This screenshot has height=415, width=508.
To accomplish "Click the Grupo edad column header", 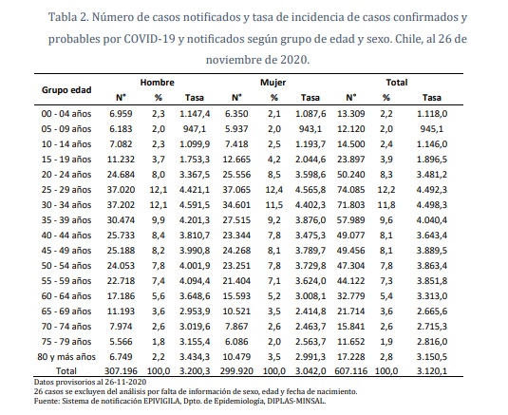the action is tap(66, 89).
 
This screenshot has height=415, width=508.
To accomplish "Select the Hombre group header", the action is tap(157, 83).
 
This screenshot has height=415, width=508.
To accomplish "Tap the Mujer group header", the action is tap(273, 83).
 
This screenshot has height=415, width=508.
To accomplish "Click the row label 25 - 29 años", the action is tap(66, 190).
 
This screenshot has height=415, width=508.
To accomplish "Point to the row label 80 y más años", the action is tap(66, 357).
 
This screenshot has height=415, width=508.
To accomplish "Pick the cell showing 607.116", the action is tap(351, 371).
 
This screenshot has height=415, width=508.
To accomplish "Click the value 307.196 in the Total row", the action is tap(121, 371).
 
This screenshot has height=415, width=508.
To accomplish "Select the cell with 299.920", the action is tap(236, 371).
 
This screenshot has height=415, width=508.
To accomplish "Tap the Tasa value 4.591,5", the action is tap(195, 205).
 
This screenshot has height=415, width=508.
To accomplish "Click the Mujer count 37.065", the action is tap(236, 190).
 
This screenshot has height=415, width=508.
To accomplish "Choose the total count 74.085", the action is tap(351, 190).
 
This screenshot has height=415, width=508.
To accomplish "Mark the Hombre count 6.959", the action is tap(121, 114).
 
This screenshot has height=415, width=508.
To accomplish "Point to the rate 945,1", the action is tap(431, 129).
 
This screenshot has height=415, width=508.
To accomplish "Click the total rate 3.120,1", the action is tap(431, 371).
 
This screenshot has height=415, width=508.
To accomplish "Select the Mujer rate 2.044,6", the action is tap(310, 159).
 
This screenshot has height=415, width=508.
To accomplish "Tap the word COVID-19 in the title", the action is tap(149, 39).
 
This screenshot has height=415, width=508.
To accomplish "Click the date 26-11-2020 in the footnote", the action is tap(124, 382).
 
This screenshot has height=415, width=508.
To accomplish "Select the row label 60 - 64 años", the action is tap(66, 295).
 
